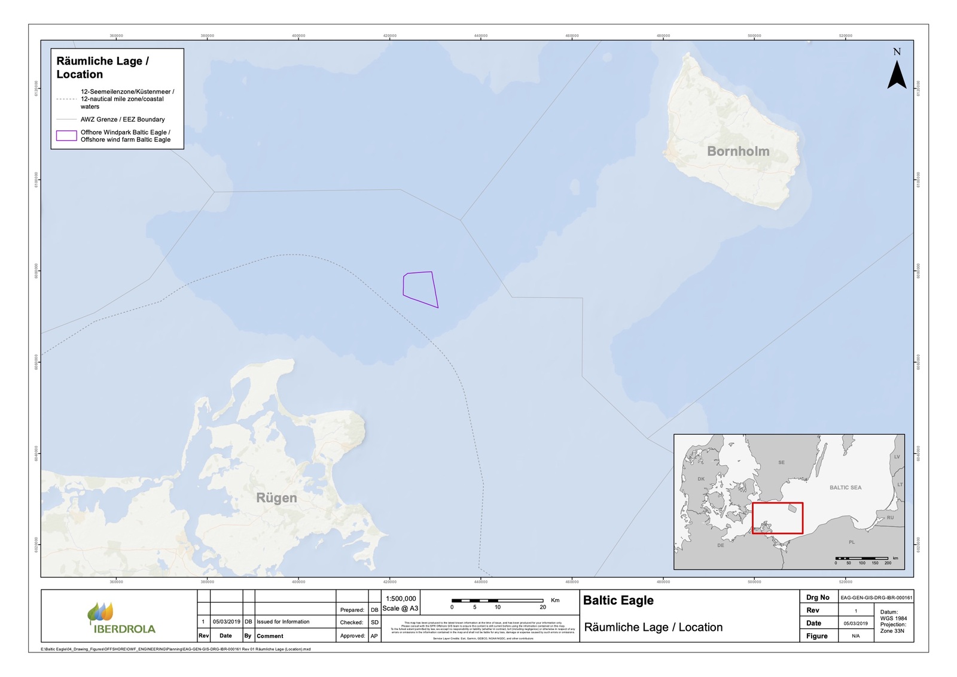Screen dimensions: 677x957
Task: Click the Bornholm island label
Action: (738, 151)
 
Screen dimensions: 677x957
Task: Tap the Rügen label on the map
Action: (276, 498)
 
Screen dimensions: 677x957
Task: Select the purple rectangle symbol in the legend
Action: (66, 136)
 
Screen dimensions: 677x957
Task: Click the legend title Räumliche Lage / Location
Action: (102, 68)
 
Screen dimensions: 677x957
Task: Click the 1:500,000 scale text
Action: (401, 599)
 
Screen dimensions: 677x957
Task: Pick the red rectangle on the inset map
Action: (777, 518)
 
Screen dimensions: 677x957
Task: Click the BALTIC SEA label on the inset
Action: (845, 488)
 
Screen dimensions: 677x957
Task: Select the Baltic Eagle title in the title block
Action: (618, 600)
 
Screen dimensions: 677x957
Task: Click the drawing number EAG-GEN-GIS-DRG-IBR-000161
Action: (876, 597)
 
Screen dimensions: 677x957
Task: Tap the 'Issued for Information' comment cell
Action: (283, 622)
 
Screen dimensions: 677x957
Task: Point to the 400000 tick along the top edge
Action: (298, 36)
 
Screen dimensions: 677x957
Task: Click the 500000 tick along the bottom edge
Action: (754, 582)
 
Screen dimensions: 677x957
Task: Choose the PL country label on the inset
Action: (852, 542)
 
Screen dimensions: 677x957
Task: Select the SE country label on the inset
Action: (781, 463)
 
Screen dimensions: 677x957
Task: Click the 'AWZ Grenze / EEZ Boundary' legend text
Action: (123, 120)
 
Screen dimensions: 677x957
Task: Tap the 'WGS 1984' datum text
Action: (893, 618)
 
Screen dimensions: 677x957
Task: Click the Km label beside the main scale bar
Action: (555, 600)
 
